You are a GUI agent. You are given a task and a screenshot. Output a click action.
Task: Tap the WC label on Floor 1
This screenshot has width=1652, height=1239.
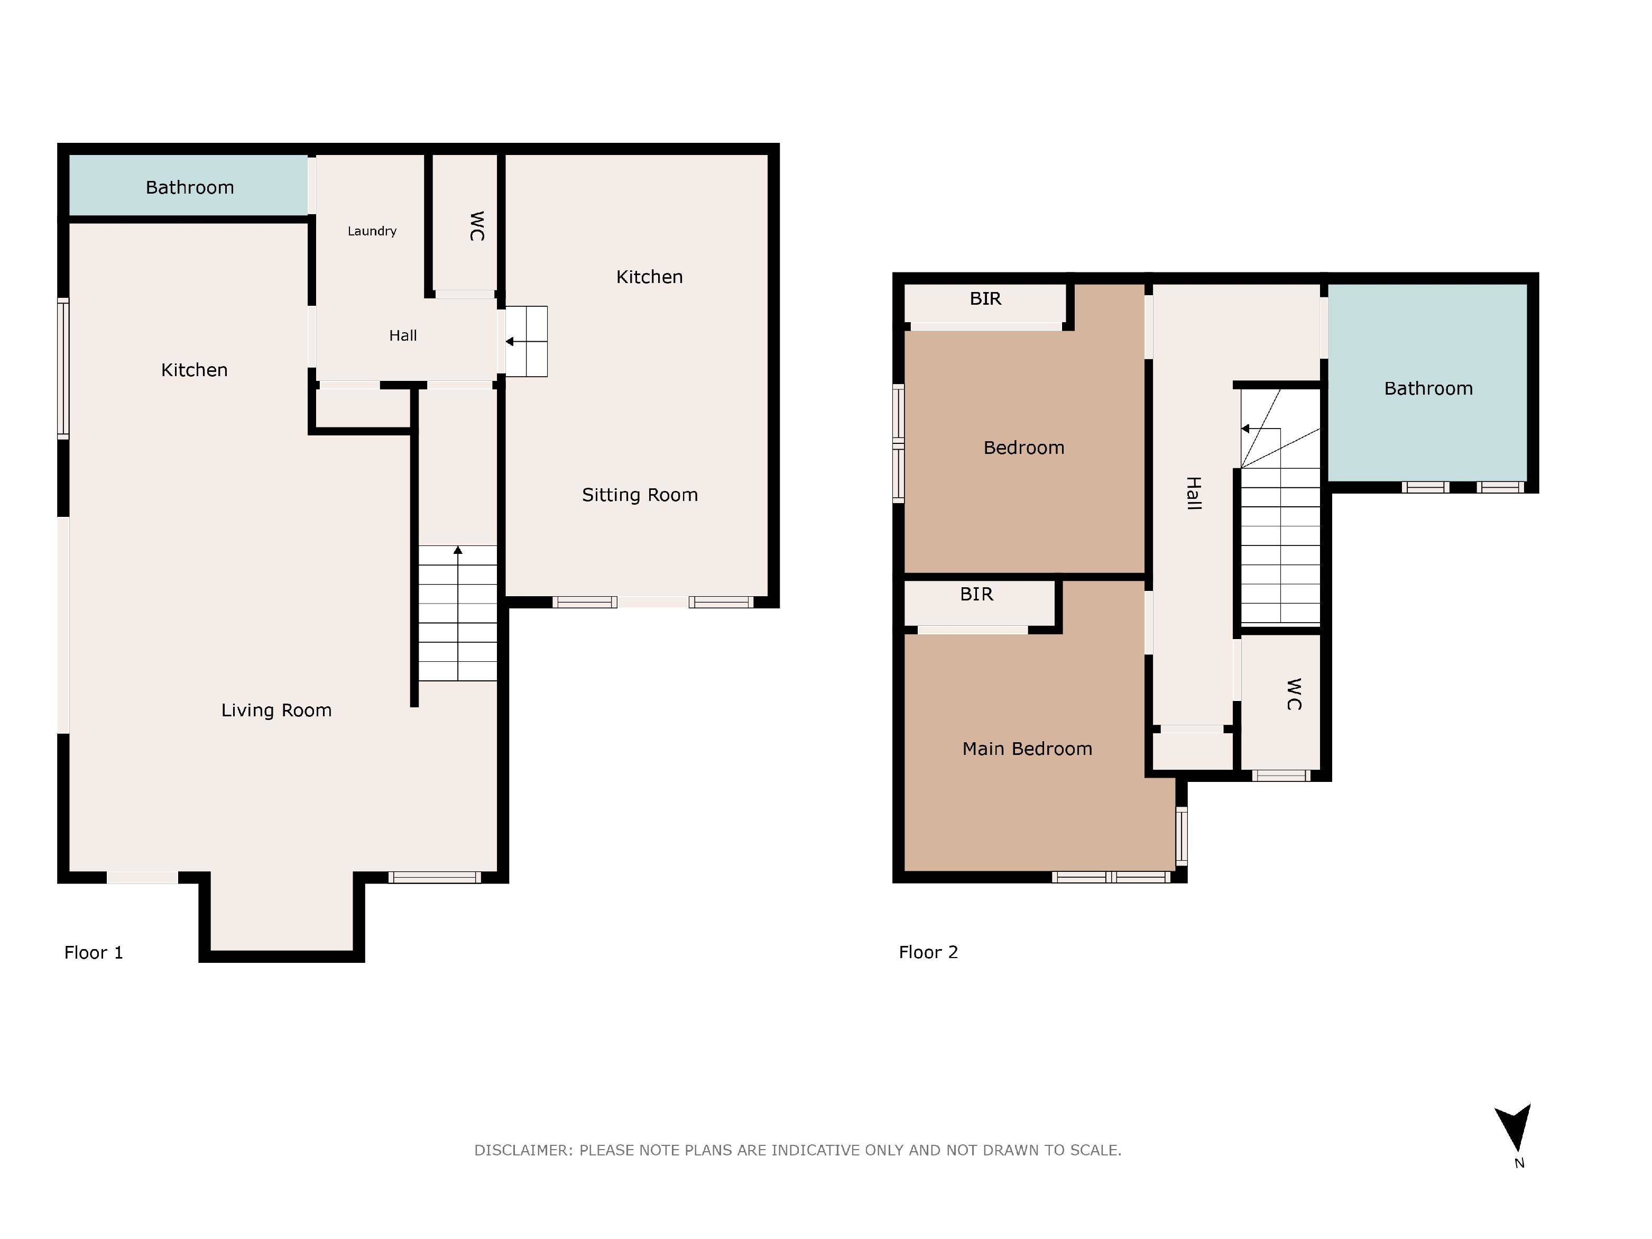tap(476, 226)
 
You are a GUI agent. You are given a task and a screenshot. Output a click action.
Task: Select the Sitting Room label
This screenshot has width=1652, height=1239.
tap(639, 495)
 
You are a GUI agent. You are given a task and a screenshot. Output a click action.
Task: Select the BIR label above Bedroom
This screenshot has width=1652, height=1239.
tap(984, 298)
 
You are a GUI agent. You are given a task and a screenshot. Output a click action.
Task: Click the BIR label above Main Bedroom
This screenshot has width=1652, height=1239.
tap(975, 594)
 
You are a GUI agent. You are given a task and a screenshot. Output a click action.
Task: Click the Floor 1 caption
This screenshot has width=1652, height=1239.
tap(94, 952)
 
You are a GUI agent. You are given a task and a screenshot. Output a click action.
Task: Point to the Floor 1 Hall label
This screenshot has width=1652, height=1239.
tap(402, 335)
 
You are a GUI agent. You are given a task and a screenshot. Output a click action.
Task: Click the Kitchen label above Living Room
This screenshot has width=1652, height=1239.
tap(194, 369)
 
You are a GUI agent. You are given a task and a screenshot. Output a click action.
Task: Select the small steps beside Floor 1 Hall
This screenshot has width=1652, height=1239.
tap(527, 342)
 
